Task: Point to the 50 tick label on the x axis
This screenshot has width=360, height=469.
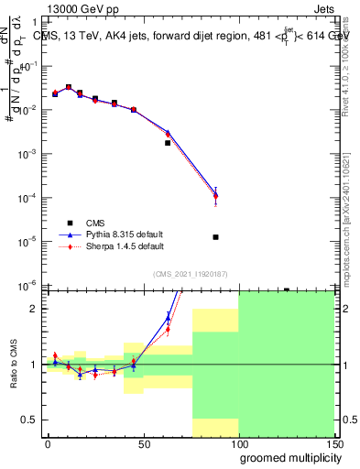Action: click(x=144, y=443)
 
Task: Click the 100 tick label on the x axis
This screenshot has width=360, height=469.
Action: click(x=238, y=443)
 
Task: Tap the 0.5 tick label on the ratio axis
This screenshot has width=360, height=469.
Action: click(x=30, y=420)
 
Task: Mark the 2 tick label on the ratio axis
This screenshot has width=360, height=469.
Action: click(x=35, y=309)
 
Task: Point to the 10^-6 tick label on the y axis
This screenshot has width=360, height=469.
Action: click(x=29, y=285)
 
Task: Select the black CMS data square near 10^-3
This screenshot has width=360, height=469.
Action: click(x=168, y=143)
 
